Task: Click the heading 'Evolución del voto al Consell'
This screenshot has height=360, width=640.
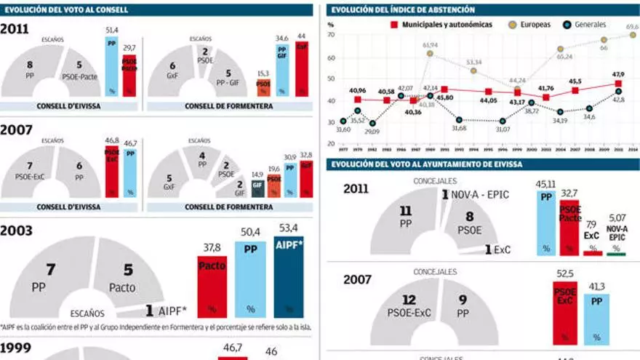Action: tap(65, 10)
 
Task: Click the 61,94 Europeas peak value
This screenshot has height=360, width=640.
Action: tap(430, 45)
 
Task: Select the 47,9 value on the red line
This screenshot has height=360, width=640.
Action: tap(617, 74)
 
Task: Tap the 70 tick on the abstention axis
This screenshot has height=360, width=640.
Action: tap(331, 34)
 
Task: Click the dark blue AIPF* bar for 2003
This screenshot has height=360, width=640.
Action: tap(288, 277)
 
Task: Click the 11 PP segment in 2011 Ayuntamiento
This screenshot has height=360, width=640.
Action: tap(405, 218)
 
